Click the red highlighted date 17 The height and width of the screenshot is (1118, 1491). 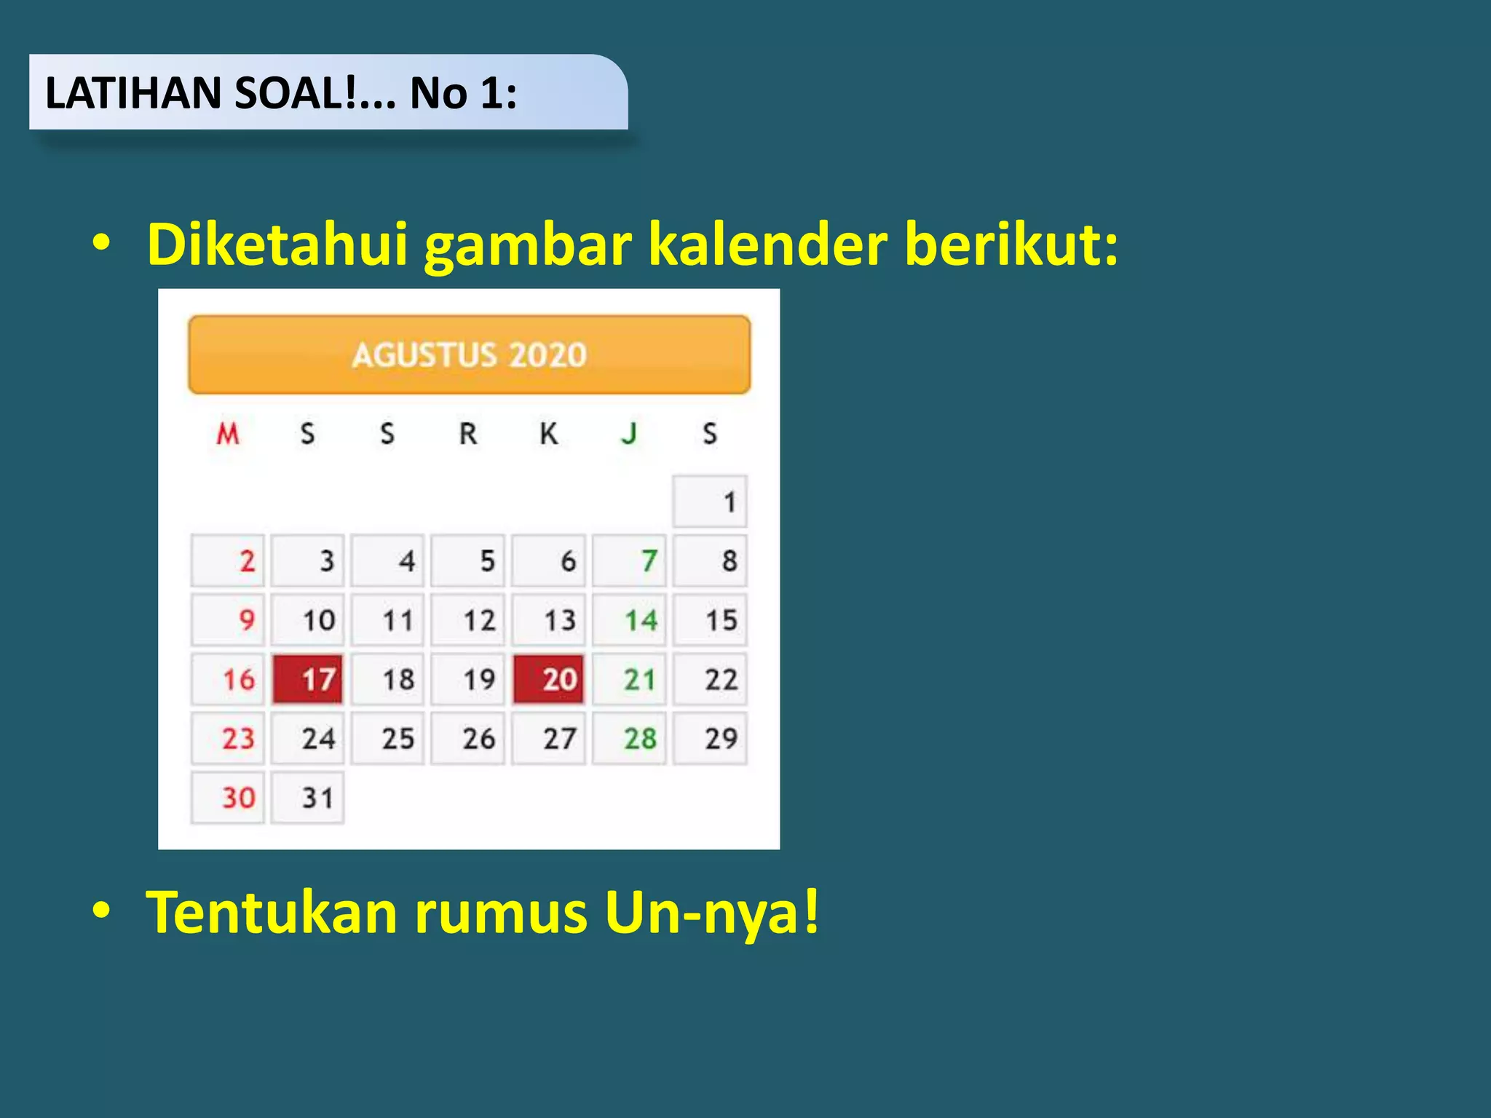tap(308, 679)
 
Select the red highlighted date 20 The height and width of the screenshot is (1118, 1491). tap(549, 679)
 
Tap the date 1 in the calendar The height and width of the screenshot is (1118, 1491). tap(711, 501)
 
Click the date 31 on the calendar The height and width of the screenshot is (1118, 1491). tap(308, 798)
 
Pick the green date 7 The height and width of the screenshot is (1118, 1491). tap(630, 561)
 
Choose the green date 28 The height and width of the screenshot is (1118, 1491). tap(630, 739)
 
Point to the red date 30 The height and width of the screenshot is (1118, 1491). tap(228, 798)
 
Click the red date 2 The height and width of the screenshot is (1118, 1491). tap(228, 561)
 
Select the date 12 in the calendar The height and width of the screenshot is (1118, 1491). tap(468, 620)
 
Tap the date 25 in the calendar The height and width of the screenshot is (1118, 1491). tap(388, 739)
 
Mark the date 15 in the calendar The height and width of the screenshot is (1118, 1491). tap(711, 620)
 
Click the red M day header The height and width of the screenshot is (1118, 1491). tap(228, 434)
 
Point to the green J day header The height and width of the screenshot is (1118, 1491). tap(629, 434)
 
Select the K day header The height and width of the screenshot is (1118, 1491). tap(549, 434)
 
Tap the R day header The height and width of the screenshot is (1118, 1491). tap(468, 434)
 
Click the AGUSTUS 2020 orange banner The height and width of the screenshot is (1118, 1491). tap(470, 354)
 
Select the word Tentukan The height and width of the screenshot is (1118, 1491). tap(272, 911)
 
